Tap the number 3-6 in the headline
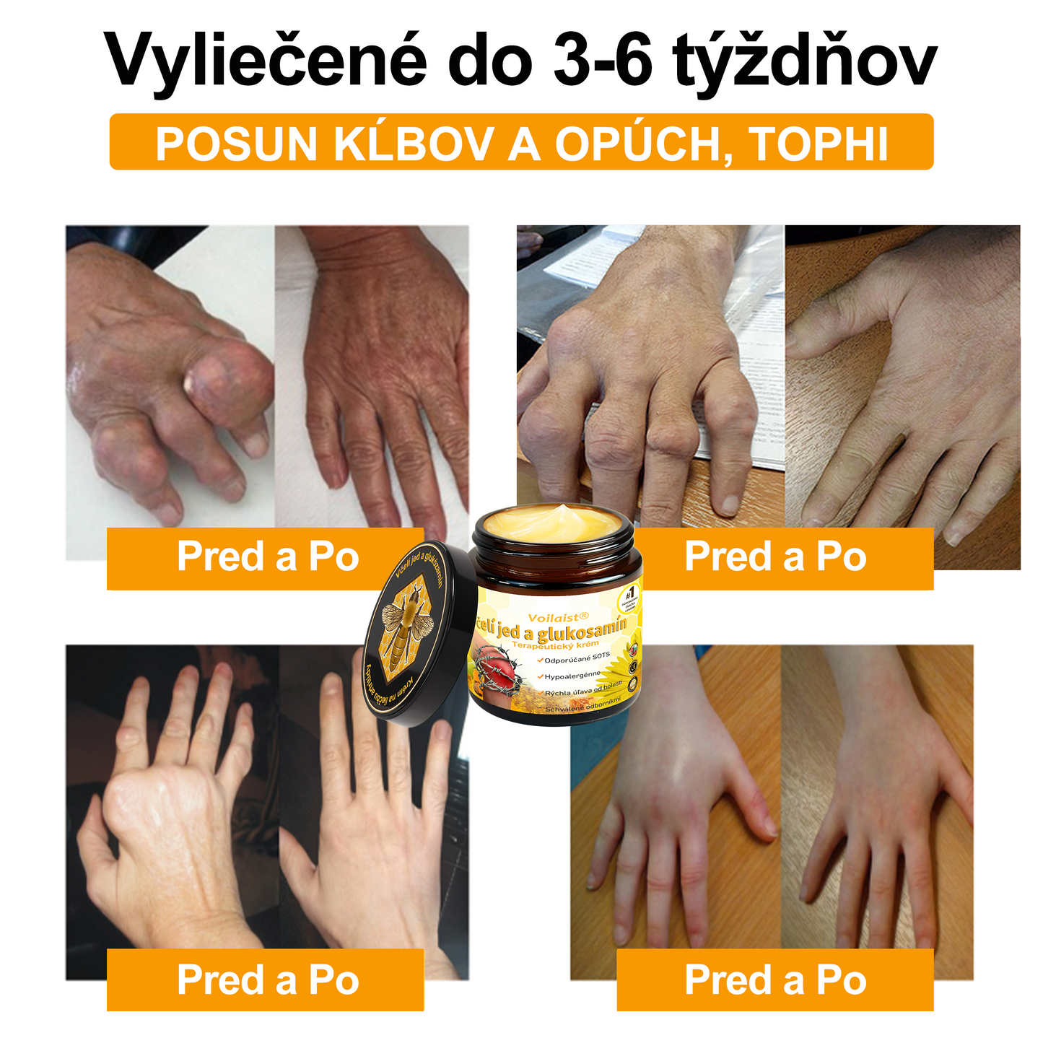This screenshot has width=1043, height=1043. click(x=603, y=61)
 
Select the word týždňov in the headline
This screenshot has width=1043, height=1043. click(x=804, y=61)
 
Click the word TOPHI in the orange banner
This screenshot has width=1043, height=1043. click(x=819, y=144)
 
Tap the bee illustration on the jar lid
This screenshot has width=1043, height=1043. click(x=409, y=628)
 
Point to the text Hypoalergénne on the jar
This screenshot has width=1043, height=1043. click(x=572, y=676)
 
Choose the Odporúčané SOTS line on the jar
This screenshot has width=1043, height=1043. click(x=576, y=659)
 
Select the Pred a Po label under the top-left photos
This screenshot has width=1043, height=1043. click(x=267, y=557)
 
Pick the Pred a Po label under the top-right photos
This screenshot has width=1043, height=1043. click(x=775, y=557)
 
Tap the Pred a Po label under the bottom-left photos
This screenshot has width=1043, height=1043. click(x=267, y=979)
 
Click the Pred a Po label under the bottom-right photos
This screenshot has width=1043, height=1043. click(x=775, y=979)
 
